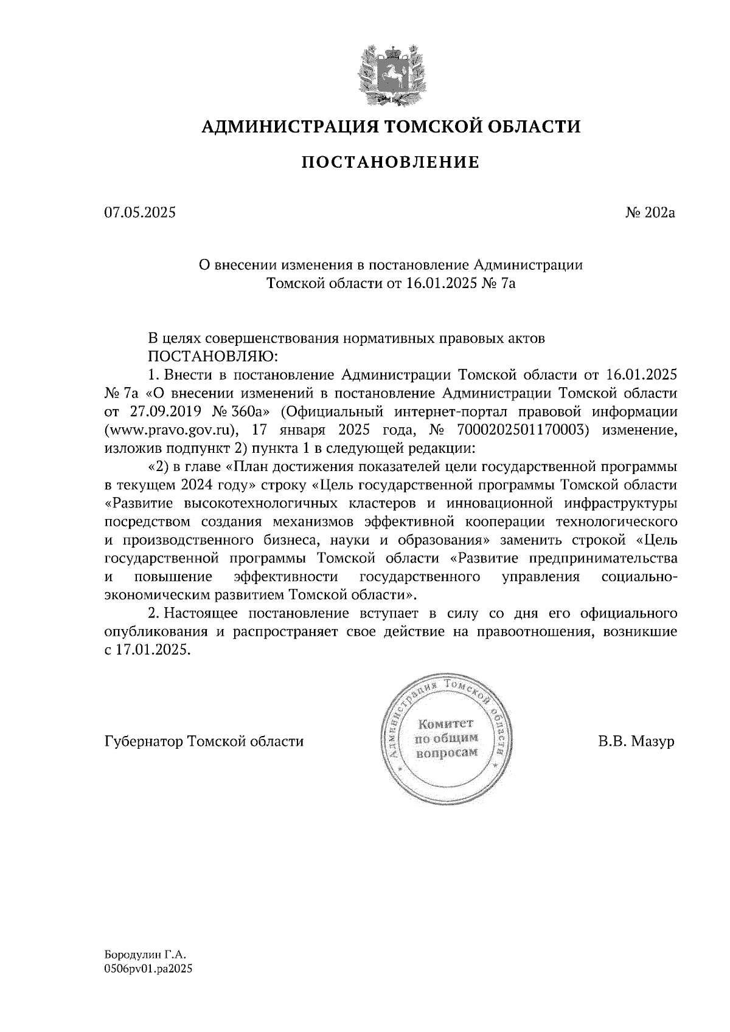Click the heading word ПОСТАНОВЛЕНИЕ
(390, 162)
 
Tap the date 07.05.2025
(139, 213)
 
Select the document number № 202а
(650, 213)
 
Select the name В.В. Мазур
(636, 741)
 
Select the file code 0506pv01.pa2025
(148, 971)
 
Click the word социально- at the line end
(638, 576)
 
